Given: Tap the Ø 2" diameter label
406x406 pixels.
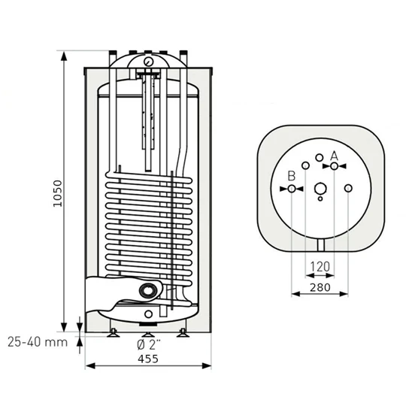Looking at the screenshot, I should [x=147, y=343].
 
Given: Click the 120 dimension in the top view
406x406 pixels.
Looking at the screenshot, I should [x=320, y=266].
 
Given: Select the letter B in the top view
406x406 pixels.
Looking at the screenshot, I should [x=291, y=177].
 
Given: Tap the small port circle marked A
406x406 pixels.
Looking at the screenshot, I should [x=335, y=165].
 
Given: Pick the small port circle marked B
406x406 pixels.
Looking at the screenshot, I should [x=291, y=189].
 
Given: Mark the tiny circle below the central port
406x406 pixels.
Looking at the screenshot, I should [x=320, y=201].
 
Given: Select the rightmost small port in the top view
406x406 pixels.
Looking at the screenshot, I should [x=350, y=189].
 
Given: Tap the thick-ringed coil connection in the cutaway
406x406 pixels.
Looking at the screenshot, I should [x=149, y=291].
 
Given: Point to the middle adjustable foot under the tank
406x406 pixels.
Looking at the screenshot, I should [x=147, y=329].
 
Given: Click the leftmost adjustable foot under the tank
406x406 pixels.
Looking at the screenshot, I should [x=112, y=332].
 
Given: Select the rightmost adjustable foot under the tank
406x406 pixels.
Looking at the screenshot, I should [x=183, y=332].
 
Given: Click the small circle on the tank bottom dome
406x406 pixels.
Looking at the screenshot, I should [x=148, y=313].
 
